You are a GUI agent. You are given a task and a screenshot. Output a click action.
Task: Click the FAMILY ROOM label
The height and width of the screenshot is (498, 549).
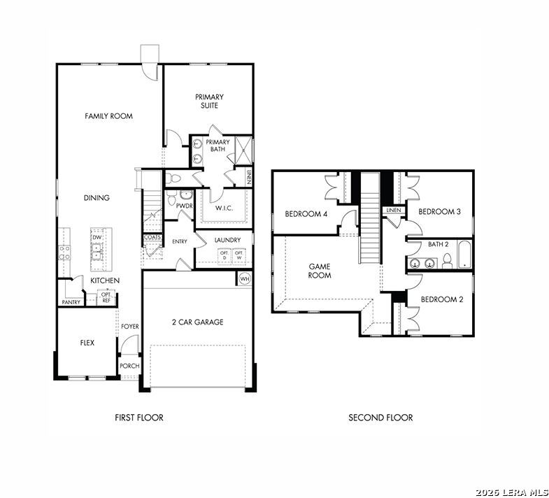(x=108, y=116)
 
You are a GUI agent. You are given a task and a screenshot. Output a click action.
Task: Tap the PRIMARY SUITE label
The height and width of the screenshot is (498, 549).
(x=209, y=101)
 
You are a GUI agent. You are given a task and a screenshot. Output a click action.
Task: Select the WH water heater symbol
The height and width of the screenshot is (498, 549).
(x=245, y=279)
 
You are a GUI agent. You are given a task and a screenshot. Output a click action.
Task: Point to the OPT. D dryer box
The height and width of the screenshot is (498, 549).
(x=224, y=255)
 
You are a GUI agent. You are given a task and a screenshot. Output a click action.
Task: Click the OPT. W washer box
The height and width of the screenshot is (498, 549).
(x=239, y=255)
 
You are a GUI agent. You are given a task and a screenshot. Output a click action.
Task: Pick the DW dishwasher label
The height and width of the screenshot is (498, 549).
(x=97, y=237)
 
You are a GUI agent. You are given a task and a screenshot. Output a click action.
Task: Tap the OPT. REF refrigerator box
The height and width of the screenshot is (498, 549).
(x=106, y=297)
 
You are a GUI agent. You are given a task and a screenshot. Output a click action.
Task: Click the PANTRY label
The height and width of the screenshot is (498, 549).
(x=71, y=302)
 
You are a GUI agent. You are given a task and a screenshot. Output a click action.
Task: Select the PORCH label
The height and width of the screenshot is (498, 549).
(x=129, y=366)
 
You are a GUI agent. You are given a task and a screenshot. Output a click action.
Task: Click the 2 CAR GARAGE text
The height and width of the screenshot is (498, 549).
(x=197, y=322)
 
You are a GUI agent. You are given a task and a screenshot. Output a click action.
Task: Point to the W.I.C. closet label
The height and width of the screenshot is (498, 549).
(x=224, y=208)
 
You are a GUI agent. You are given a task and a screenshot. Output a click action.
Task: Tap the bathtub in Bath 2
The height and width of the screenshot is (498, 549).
(x=465, y=255)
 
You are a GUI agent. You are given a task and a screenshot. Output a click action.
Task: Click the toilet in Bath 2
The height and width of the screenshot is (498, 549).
(x=447, y=261)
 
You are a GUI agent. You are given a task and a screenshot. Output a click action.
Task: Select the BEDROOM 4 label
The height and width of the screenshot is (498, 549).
(x=306, y=214)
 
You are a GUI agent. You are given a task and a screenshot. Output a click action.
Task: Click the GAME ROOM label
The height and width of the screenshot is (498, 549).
(x=320, y=271)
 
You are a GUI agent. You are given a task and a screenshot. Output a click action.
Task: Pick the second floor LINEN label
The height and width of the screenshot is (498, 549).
(x=394, y=210)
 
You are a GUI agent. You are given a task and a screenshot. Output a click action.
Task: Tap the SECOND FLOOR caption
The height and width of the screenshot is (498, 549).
(x=380, y=418)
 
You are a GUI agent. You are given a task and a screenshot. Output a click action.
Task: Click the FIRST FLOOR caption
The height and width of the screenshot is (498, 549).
(x=139, y=418)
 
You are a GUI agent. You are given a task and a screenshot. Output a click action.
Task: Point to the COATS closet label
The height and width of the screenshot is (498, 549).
(x=152, y=237)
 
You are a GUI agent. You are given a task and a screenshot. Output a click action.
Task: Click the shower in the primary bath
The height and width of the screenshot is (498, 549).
(x=243, y=150)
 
